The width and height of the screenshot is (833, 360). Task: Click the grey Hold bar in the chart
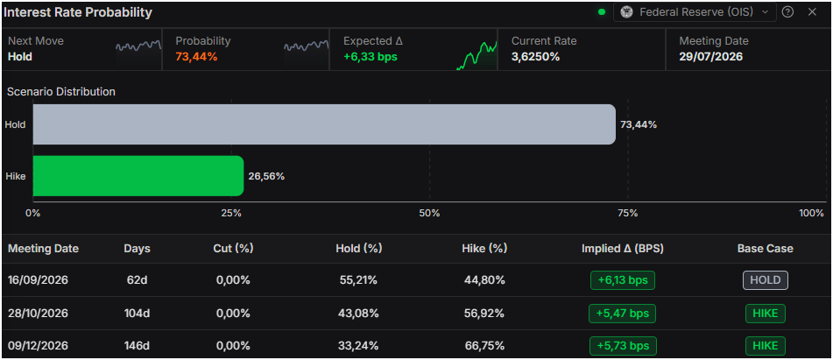324,124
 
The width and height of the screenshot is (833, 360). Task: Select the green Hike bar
138,176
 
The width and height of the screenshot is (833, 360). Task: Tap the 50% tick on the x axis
429,214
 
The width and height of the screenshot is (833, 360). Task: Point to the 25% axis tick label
231,214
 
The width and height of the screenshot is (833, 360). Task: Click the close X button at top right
812,11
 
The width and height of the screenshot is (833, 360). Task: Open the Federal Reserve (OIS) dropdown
695,11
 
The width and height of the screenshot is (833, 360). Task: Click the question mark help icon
787,11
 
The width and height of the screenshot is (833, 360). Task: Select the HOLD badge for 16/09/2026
765,280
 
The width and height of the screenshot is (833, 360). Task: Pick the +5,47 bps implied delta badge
622,314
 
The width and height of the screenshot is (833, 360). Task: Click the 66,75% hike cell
484,346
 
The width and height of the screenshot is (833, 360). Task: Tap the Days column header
137,249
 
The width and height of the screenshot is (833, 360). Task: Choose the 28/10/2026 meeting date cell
38,314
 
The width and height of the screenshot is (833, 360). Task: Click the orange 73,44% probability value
196,57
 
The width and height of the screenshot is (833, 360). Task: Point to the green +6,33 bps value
371,57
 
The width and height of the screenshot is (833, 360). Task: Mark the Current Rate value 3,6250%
535,57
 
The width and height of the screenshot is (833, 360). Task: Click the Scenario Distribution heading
61,91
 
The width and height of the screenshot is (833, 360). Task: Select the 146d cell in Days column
137,346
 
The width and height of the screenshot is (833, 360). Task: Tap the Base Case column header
765,249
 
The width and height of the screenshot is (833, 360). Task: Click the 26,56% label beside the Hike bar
266,176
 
